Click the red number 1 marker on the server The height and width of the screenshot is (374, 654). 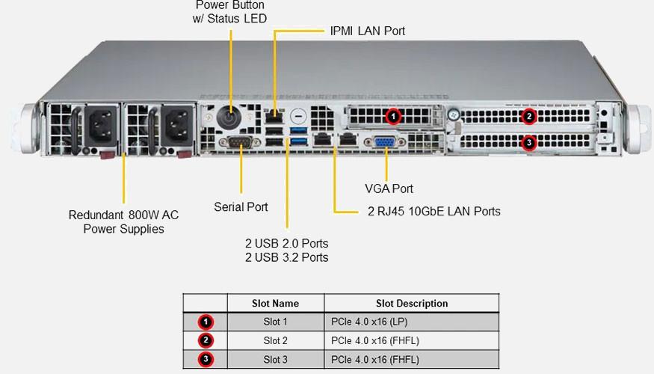click(x=395, y=116)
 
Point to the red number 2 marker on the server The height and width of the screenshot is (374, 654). click(x=528, y=116)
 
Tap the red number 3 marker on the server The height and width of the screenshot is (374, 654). click(x=528, y=142)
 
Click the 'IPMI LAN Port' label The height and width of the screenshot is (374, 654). click(x=368, y=31)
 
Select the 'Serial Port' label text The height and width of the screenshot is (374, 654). click(x=241, y=206)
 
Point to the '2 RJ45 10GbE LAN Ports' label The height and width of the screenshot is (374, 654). click(x=434, y=212)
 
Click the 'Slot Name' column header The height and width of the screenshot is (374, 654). click(x=275, y=304)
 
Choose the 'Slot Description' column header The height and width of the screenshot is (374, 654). click(x=412, y=304)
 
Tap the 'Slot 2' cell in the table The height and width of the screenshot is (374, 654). click(x=275, y=340)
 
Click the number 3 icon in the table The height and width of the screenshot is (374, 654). click(x=206, y=359)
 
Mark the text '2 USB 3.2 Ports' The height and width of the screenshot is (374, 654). click(x=287, y=257)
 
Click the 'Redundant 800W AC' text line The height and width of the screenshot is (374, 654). click(x=123, y=215)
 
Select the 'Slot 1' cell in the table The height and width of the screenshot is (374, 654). click(x=275, y=322)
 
